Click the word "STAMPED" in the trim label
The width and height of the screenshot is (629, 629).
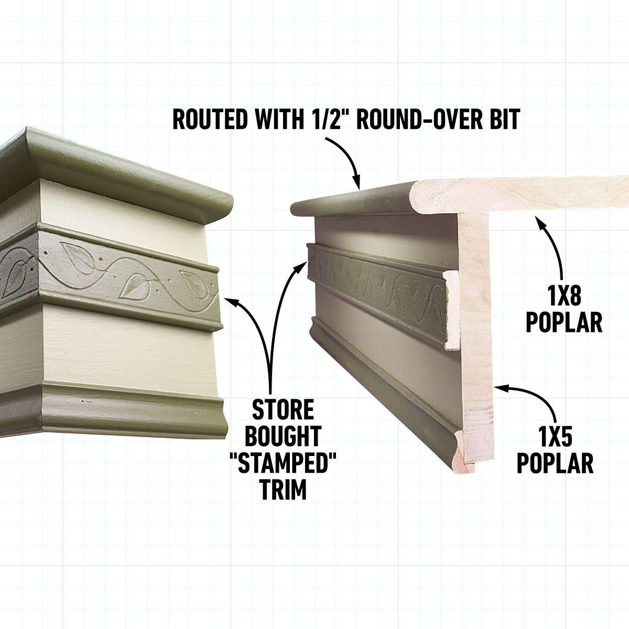pos(283,463)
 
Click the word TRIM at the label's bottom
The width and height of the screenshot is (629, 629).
pos(283,489)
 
